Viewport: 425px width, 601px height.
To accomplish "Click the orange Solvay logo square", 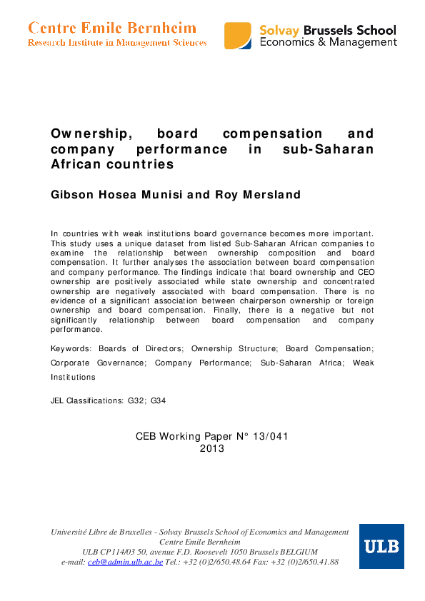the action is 238,35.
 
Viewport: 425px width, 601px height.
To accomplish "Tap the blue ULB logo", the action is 381,546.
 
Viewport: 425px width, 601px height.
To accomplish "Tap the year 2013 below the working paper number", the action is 212,449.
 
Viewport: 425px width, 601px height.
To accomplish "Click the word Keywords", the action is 71,348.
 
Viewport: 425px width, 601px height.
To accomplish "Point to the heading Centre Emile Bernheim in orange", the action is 112,28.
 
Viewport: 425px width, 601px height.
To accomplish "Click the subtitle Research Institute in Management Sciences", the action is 117,43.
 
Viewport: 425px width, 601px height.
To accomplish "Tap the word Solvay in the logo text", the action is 281,30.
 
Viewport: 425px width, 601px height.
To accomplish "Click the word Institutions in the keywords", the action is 74,376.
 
